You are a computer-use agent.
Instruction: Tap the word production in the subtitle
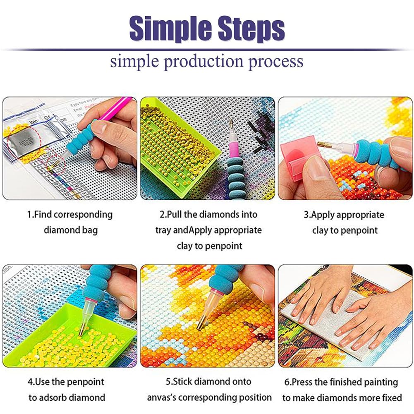click(203, 62)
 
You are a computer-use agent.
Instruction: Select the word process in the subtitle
click(275, 62)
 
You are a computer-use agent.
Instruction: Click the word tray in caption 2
click(163, 230)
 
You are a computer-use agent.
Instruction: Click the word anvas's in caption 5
click(161, 397)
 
